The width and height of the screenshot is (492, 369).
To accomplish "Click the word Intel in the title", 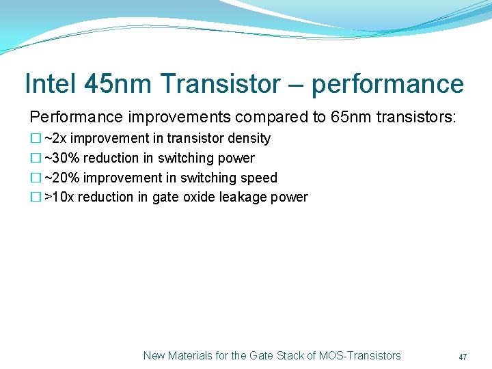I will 50,84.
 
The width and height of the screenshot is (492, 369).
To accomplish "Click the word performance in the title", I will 387,84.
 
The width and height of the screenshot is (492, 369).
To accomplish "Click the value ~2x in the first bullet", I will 55,139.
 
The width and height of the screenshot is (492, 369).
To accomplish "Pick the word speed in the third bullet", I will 260,178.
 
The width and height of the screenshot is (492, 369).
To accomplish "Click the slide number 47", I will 463,357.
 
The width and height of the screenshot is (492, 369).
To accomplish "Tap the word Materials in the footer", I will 189,355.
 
